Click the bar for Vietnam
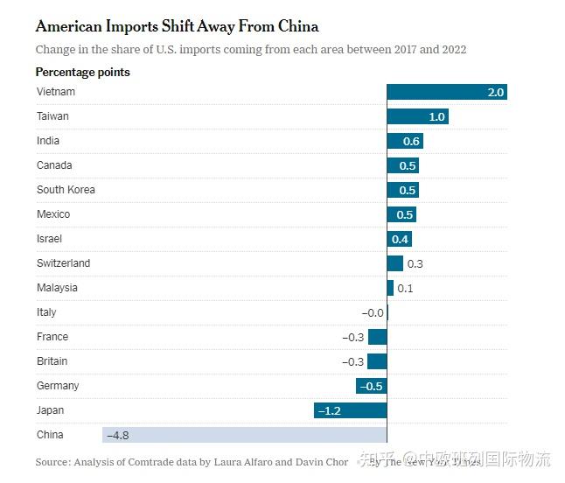[x=446, y=92]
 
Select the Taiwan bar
[x=417, y=116]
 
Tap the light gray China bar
[x=245, y=435]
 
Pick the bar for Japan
[x=350, y=410]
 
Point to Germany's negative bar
[x=371, y=386]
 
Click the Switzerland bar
[x=394, y=263]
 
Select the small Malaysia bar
[x=390, y=288]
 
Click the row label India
[x=48, y=141]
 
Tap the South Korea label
[x=66, y=190]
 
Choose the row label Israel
[x=49, y=239]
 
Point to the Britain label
[x=52, y=361]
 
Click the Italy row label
[x=46, y=312]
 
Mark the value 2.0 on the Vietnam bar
[x=496, y=92]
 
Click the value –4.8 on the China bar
[x=118, y=435]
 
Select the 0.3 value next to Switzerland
[x=415, y=263]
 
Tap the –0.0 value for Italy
[x=372, y=312]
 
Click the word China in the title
[x=293, y=27]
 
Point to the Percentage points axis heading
[x=82, y=72]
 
